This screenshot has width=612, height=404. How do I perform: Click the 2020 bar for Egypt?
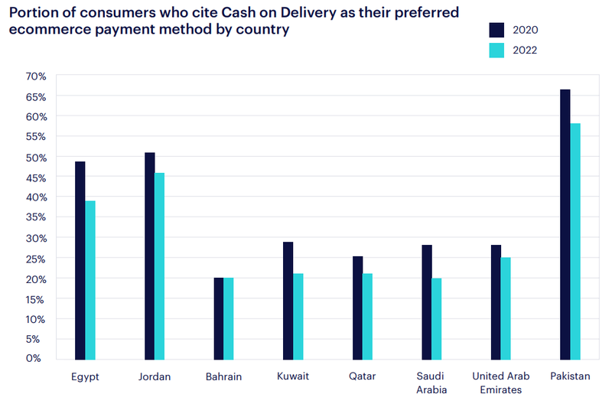point(80,260)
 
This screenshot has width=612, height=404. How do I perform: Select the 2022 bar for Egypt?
point(90,280)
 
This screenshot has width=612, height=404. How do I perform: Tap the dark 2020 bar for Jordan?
point(149,256)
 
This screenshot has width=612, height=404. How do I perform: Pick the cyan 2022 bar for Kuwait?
point(298,316)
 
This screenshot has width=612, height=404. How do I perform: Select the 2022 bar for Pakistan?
point(575,241)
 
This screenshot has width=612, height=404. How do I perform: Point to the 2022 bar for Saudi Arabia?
point(437,318)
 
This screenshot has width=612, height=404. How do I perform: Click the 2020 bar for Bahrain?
point(219,318)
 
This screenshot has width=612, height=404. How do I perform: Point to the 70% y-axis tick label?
point(36,76)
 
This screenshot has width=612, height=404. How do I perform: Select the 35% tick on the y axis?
point(36,217)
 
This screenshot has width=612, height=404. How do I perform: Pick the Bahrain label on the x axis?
point(223,376)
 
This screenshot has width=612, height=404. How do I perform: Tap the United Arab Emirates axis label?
point(500,383)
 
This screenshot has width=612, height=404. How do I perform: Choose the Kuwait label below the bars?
point(293,376)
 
